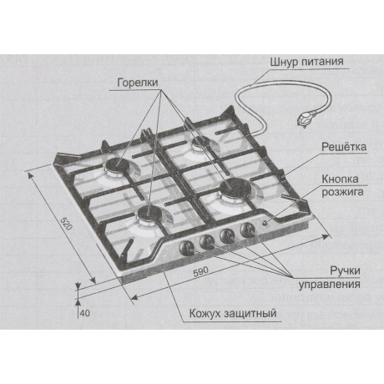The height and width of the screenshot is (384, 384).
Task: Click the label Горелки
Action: [x=138, y=83]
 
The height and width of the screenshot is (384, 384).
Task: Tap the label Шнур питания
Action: [x=306, y=62]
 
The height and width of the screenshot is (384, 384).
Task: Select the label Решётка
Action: [x=344, y=147]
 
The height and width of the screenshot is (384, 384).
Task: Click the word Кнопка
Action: [x=340, y=179]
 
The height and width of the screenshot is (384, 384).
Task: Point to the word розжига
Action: [x=342, y=192]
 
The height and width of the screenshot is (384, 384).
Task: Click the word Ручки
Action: [x=345, y=270]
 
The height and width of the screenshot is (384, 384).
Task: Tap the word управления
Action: [x=330, y=285]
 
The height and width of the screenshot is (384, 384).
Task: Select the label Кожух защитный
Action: [x=233, y=314]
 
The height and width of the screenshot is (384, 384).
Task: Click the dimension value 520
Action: [x=67, y=224]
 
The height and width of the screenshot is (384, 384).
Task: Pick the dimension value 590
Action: [x=200, y=272]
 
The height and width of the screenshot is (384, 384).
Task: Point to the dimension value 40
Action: [x=85, y=313]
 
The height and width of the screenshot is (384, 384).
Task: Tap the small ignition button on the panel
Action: [x=265, y=223]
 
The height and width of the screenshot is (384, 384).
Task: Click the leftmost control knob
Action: [x=186, y=247]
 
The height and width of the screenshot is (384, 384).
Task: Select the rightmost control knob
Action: [x=247, y=230]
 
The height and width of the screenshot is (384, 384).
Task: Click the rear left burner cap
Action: [x=116, y=165]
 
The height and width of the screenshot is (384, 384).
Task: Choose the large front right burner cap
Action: [x=235, y=188]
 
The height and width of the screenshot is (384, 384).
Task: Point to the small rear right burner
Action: [x=201, y=142]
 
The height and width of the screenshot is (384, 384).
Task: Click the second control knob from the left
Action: [x=207, y=242]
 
